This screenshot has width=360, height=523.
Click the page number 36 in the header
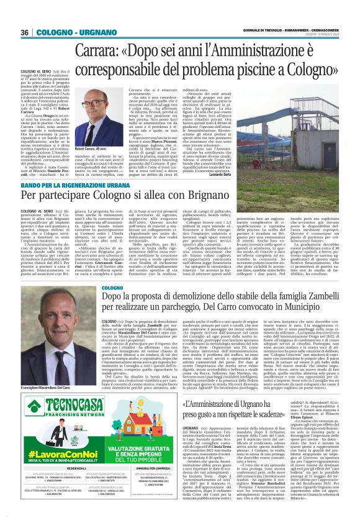pos(25,32)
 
